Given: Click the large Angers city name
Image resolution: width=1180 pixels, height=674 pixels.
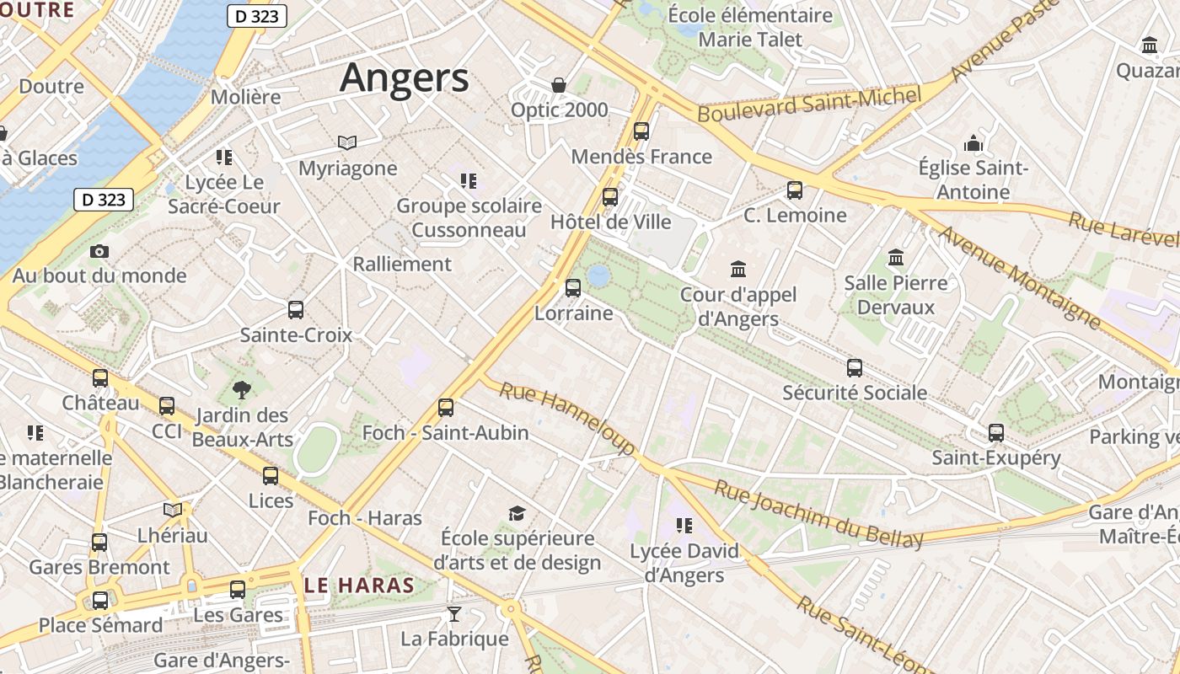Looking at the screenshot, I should [x=404, y=78].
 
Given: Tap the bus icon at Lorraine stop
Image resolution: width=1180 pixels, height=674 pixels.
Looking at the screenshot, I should [x=573, y=288].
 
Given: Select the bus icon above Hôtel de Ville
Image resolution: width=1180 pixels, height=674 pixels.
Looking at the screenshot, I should [x=610, y=197].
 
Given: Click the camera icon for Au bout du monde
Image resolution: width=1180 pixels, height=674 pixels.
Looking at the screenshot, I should [x=99, y=251].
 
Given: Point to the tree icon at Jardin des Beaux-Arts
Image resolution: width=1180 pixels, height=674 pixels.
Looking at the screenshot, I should [x=242, y=389].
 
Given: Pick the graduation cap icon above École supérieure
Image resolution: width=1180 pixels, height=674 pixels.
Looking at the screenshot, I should [x=517, y=513].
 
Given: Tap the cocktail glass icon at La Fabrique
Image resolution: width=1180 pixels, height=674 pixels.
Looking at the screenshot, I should [x=454, y=613].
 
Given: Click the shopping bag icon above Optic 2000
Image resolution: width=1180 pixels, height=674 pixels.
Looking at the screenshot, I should [x=558, y=85].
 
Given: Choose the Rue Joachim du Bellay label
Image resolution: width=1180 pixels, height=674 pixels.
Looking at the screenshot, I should [x=818, y=514].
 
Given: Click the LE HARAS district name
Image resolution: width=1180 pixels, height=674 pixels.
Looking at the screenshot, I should [x=360, y=586].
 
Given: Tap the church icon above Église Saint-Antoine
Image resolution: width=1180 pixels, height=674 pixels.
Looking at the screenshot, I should [x=973, y=143].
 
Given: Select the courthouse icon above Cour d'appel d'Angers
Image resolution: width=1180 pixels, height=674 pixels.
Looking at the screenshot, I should [x=738, y=270].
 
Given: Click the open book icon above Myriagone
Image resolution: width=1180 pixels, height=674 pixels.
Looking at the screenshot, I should [x=347, y=142].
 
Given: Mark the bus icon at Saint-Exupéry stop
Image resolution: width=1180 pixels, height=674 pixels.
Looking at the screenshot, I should [x=996, y=433].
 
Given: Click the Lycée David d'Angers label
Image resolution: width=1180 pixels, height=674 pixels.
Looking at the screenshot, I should [x=684, y=563].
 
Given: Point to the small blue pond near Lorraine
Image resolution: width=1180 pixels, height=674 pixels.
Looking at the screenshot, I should [x=599, y=275].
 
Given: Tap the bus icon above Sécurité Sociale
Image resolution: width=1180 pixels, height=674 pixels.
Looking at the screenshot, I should [x=855, y=367].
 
